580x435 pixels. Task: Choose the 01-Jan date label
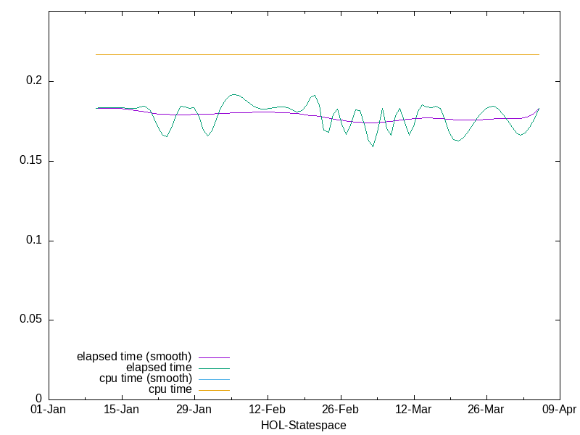(x=49, y=410)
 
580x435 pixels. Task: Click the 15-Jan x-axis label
(x=122, y=410)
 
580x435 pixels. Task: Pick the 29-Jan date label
(x=194, y=410)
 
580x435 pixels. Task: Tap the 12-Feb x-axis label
(x=268, y=410)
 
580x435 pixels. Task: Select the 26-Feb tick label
(x=341, y=410)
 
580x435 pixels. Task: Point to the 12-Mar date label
(x=413, y=410)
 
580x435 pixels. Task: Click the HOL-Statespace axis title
(x=304, y=426)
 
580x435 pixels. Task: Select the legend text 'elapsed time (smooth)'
(x=134, y=357)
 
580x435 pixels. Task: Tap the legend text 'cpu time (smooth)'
(x=146, y=378)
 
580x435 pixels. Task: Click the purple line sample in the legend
(x=215, y=357)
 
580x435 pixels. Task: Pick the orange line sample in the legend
(x=215, y=390)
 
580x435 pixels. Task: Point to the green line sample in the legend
(x=215, y=368)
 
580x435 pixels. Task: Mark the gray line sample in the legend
(x=215, y=379)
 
